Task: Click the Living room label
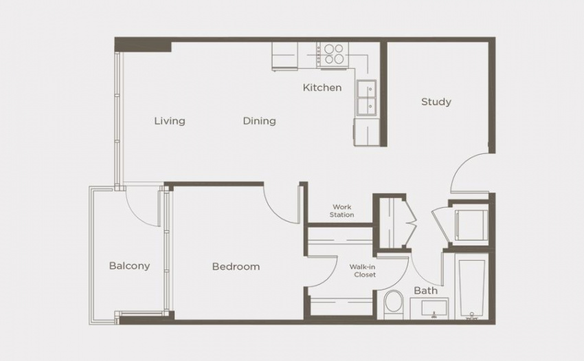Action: (x=170, y=121)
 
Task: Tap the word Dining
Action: (x=259, y=121)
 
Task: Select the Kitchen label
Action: (x=322, y=87)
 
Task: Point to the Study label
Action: (x=436, y=102)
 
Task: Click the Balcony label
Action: (x=129, y=266)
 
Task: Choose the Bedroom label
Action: (x=236, y=267)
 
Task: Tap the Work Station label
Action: (x=342, y=210)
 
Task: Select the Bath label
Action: (x=426, y=290)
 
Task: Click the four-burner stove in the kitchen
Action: (x=333, y=55)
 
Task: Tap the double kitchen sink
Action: (x=366, y=98)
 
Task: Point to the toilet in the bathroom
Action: (x=393, y=305)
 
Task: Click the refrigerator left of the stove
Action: (x=284, y=56)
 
